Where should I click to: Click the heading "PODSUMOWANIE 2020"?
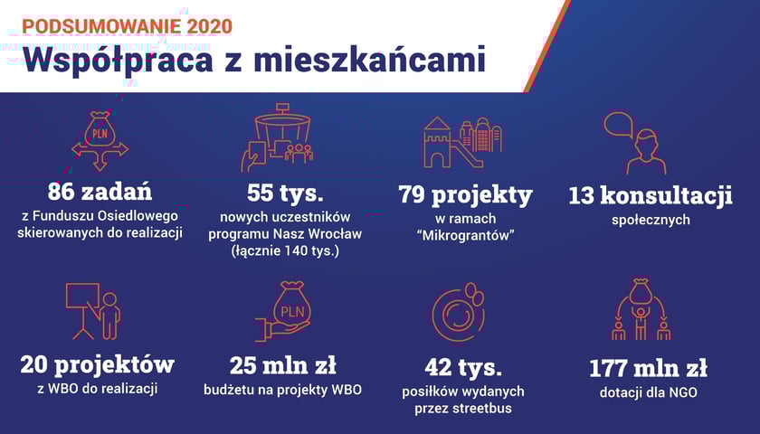point(127,26)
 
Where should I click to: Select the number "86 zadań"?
point(100,191)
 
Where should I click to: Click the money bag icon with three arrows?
point(100,141)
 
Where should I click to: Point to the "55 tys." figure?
point(285,193)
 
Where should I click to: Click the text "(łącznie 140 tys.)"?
point(285,251)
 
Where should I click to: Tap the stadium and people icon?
point(277,137)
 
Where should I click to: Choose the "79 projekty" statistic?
point(465,194)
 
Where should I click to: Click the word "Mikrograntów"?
point(465,235)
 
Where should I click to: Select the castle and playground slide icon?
point(463,143)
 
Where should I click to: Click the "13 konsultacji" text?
point(651,195)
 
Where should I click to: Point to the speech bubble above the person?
point(619,125)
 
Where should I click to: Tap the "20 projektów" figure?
point(98,364)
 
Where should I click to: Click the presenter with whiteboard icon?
point(93,311)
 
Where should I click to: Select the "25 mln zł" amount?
point(282,365)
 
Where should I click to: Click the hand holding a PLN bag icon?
point(283,311)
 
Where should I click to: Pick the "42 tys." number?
point(463,367)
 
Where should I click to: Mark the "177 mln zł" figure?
point(648,368)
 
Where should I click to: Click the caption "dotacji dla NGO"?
point(649,392)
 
